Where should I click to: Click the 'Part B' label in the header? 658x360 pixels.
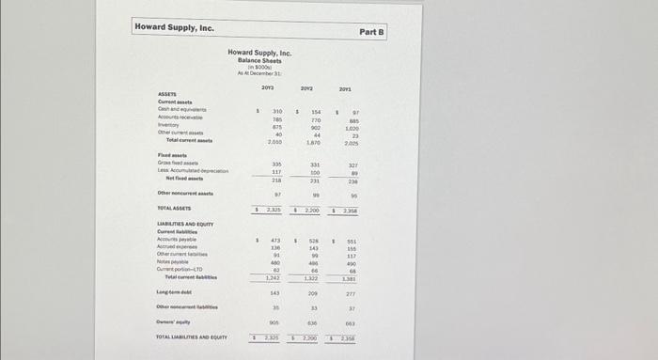pyautogui.click(x=372, y=32)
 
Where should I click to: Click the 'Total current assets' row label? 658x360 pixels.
pyautogui.click(x=189, y=141)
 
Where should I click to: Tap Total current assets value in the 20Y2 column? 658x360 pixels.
pyautogui.click(x=314, y=141)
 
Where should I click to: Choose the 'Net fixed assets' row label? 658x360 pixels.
pyautogui.click(x=183, y=179)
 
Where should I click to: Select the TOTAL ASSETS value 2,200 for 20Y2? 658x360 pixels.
pyautogui.click(x=313, y=208)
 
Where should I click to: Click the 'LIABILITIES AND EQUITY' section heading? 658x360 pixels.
pyautogui.click(x=185, y=224)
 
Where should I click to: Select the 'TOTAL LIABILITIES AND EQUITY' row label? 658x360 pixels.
pyautogui.click(x=194, y=337)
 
